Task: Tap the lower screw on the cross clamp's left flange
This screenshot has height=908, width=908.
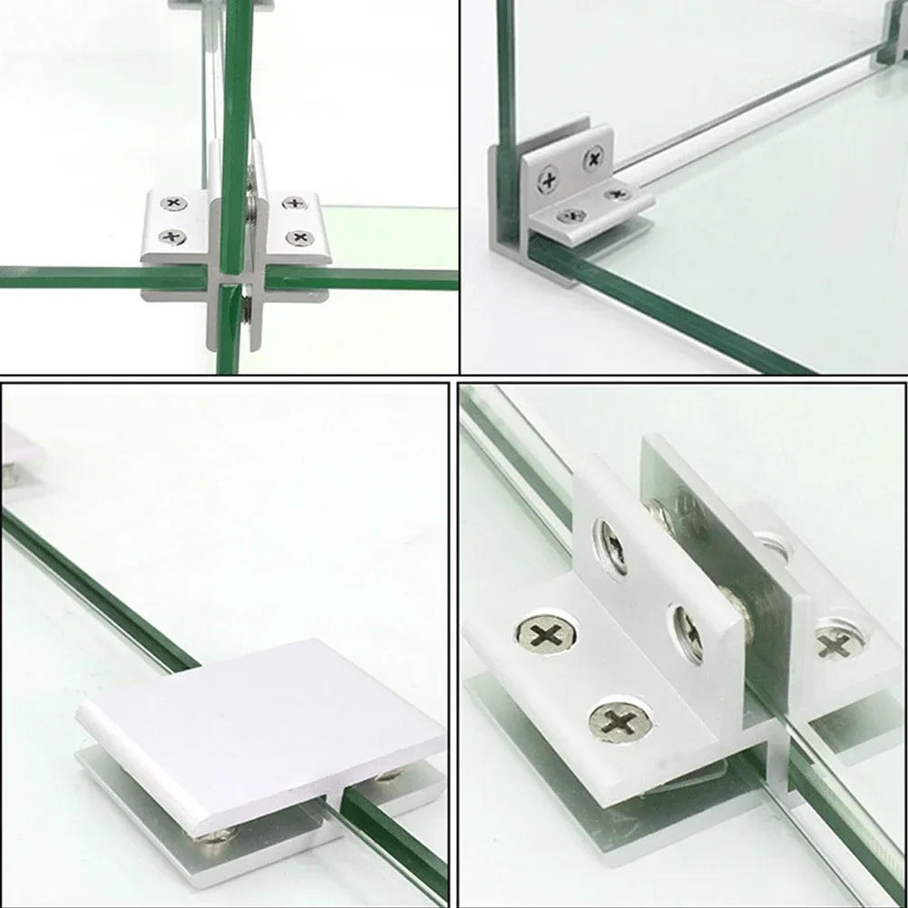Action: point(171,238)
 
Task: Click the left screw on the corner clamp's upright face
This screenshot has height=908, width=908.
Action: point(549,180)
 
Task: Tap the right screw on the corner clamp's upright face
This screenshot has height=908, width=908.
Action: point(592,160)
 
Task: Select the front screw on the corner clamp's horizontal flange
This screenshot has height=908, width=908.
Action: point(571,216)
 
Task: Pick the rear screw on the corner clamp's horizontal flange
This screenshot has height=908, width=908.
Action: point(618,193)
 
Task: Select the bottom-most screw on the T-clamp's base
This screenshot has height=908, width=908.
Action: point(620,723)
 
